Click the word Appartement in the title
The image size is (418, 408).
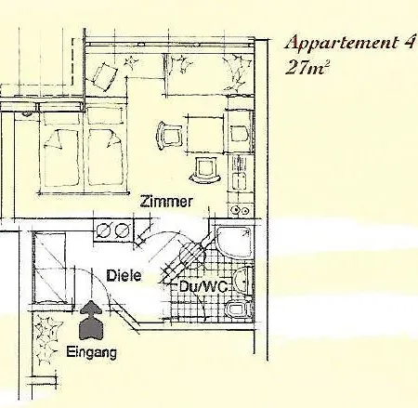pos(341,43)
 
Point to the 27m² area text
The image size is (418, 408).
pos(306,68)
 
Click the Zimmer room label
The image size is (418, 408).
pos(166,202)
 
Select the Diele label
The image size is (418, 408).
pos(124,276)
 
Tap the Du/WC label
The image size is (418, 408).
pos(203,286)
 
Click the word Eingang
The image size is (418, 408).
pos(92,353)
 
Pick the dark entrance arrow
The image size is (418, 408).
pos(90,320)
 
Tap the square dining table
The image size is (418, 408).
pos(204,135)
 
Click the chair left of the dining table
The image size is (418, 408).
pos(169,136)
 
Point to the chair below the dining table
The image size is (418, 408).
pos(204,169)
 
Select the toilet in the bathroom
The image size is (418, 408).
pos(239,309)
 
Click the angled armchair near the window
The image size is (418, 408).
pos(102,76)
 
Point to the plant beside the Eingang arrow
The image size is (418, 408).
pos(46,338)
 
